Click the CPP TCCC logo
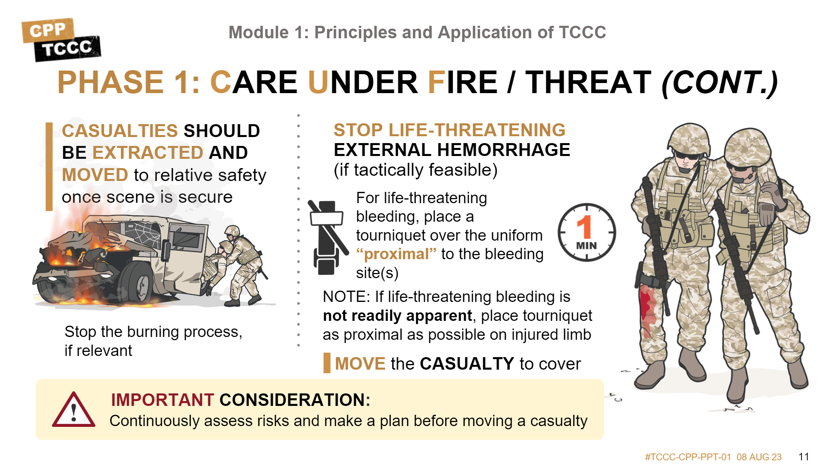pos(61,40)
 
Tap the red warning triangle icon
pos(74,410)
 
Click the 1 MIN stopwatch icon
pos(586,232)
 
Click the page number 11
pos(804,457)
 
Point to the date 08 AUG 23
pos(759,457)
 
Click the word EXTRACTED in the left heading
pos(147,153)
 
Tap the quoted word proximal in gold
pos(396,254)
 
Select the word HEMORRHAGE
pos(503,150)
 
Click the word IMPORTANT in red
pos(162,400)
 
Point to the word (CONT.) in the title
pos(719,83)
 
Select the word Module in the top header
pos(259,33)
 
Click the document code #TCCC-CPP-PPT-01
pos(688,457)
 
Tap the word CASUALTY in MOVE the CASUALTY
pos(467,364)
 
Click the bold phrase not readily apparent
pos(397,316)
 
